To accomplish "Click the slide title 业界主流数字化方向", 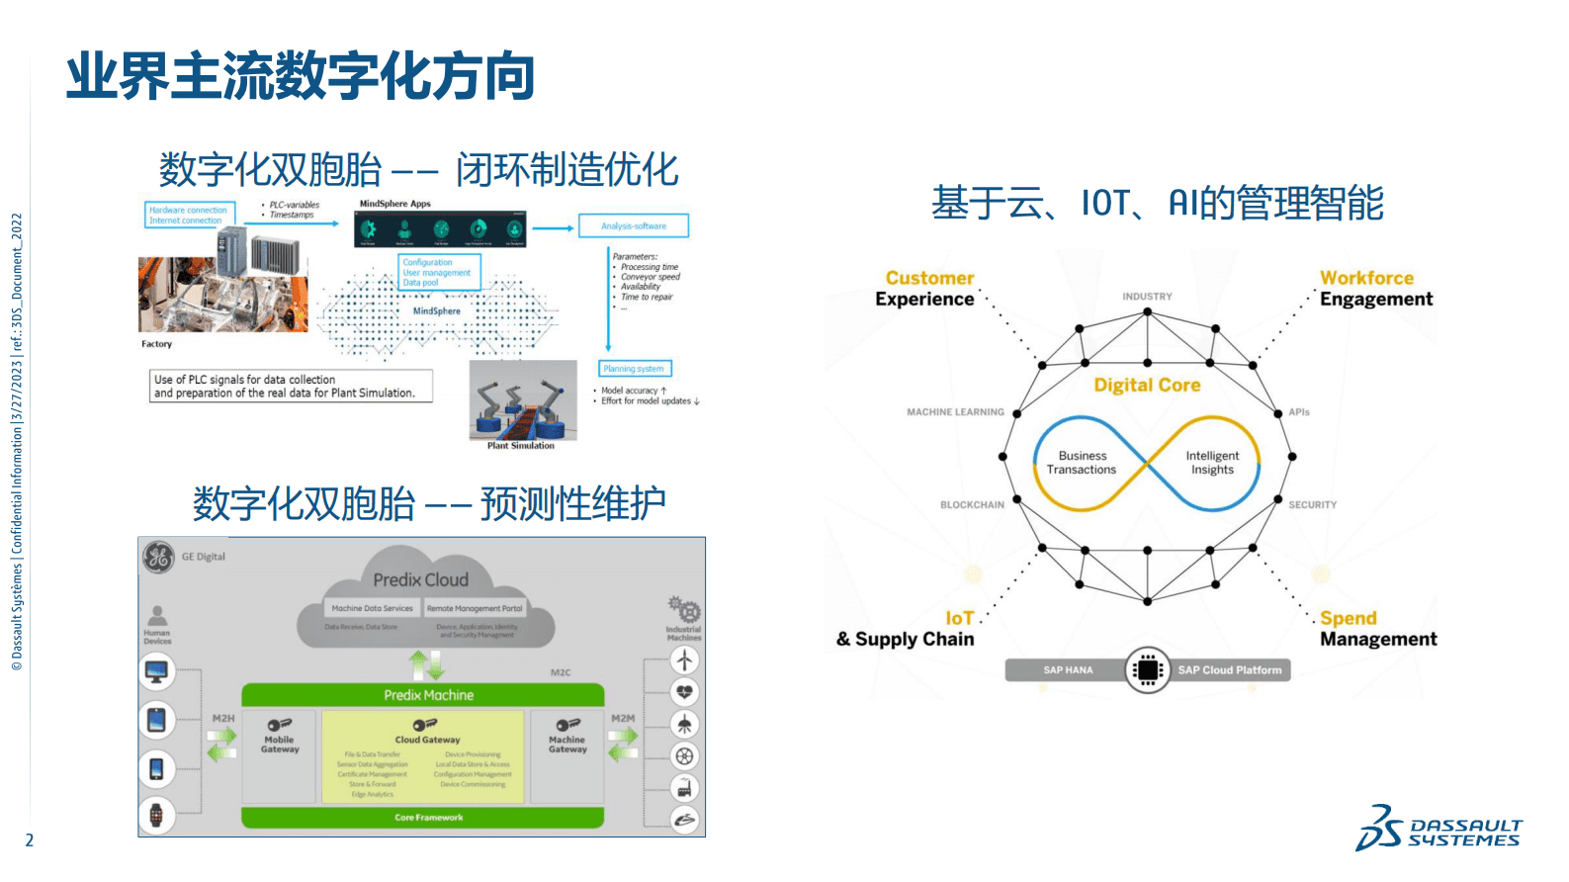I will coord(300,77).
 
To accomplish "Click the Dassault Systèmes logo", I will coord(1438,829).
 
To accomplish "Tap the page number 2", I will coord(30,840).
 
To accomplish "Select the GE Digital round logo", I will coord(158,557).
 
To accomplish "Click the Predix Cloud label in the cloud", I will coord(420,580).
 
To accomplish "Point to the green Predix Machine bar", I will coord(423,695).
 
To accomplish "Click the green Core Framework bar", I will coord(423,818).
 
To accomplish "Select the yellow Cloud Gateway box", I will coord(426,757).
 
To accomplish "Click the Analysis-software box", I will coord(634,226).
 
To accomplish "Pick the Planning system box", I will coord(635,369).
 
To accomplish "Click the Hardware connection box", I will coord(188,215).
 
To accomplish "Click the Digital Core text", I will coord(1147,385).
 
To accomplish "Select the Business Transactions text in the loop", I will coord(1082,463).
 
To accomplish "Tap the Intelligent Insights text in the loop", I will coord(1212,463).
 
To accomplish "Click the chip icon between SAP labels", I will coord(1147,670).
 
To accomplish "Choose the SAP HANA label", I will coord(1067,670).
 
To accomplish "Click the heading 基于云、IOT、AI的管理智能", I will coord(1157,204).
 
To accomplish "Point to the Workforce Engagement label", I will coord(1375,289).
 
